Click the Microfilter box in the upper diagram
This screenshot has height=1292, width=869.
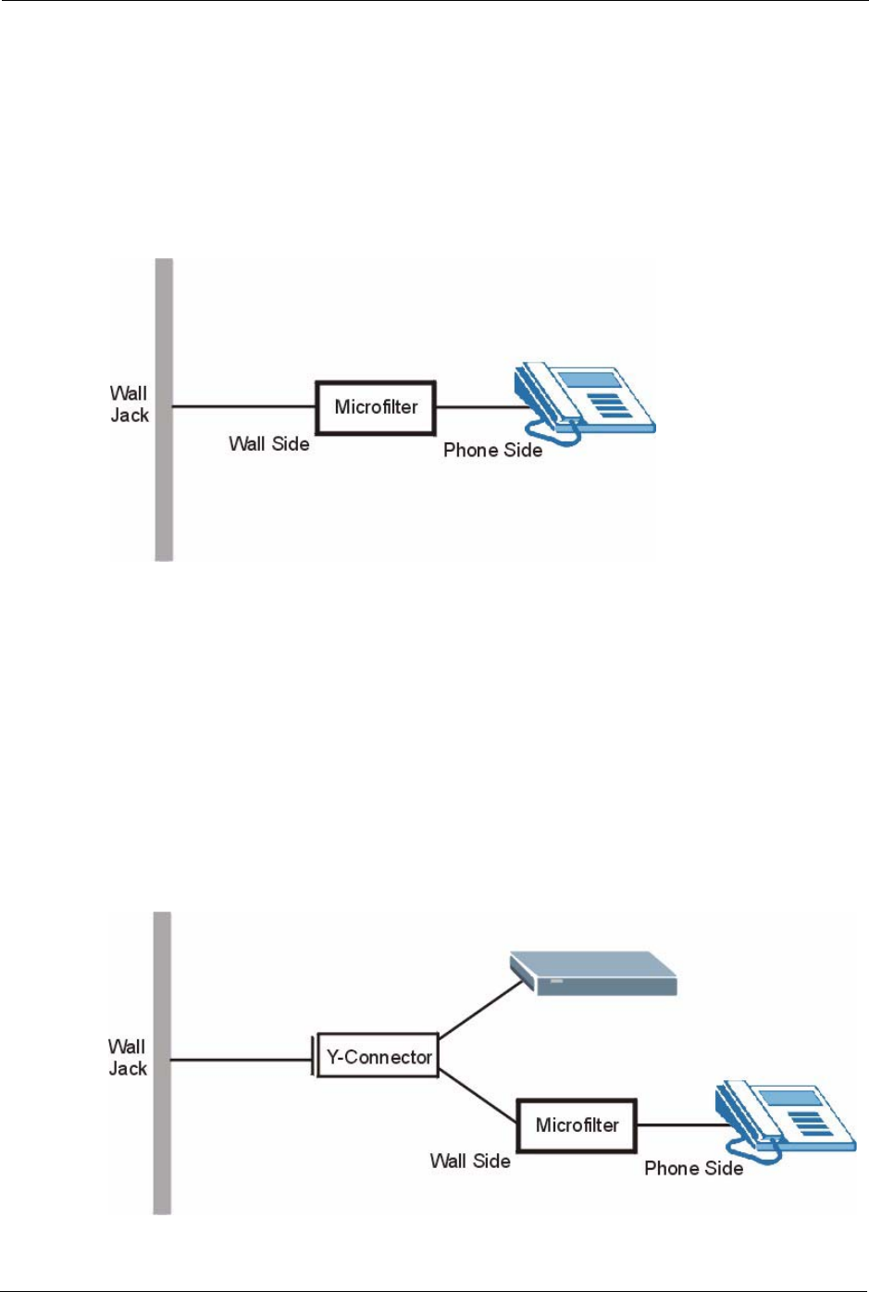coord(376,407)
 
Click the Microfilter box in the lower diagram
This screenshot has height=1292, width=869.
coord(577,1125)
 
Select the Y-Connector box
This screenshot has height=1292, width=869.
coord(378,1056)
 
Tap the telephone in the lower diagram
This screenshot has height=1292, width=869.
coord(783,1118)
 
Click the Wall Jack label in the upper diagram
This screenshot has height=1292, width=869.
coord(129,404)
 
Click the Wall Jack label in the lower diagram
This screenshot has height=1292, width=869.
coord(127,1057)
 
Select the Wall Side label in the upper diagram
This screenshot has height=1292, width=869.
coord(268,444)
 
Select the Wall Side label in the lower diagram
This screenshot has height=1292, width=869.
coord(470,1161)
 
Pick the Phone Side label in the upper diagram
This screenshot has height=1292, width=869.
coord(492,451)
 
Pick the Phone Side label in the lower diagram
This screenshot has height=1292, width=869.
coord(693,1168)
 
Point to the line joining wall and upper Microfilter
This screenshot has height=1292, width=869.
coord(244,406)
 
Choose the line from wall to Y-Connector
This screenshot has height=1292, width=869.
coord(241,1060)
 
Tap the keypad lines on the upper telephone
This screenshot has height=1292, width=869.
coord(606,404)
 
